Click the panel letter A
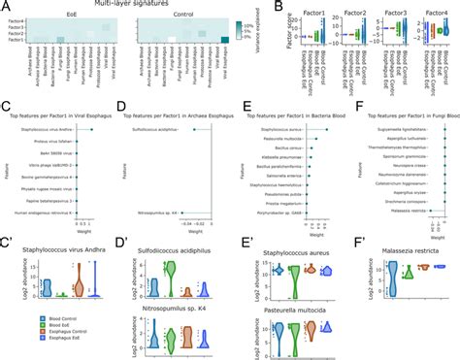coord(7,7)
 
